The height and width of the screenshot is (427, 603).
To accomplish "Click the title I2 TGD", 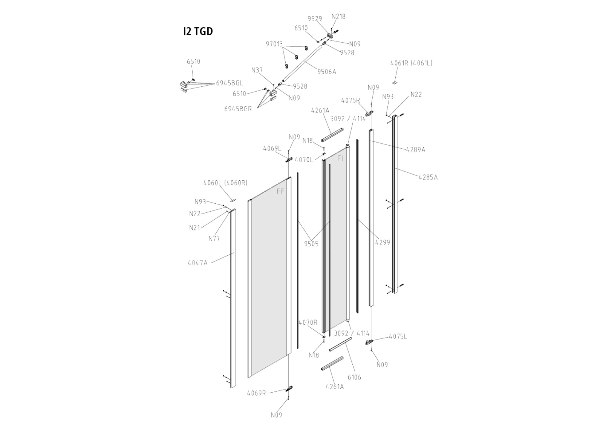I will point(198,31).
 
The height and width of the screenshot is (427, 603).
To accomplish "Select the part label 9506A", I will point(326,72).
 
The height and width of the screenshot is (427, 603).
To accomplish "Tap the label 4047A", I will point(198,263).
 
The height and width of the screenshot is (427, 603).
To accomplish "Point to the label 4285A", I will point(428,177).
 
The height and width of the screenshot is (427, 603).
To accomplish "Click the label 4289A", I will point(415,149).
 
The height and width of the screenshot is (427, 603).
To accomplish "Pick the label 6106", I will point(354,377).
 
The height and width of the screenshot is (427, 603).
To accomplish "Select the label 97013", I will point(274,44).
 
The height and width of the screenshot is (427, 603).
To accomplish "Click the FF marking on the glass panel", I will point(281,191).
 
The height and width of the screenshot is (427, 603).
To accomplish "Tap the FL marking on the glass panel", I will point(341,159).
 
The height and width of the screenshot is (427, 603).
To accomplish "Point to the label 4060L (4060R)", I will point(225,183).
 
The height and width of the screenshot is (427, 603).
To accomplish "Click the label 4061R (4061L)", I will point(411,63).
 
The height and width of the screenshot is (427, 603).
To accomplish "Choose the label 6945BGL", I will point(230,83).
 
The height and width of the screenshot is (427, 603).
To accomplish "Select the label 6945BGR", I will point(238,109).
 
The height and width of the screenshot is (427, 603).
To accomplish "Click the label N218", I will point(338,17).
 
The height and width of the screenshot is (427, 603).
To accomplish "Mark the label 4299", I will point(383,243).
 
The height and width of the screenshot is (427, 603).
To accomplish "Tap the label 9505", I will point(311,244).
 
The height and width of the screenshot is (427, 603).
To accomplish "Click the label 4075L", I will point(398,336).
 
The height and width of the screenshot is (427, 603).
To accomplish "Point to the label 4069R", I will point(256,393).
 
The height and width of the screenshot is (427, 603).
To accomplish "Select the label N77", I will point(214,238).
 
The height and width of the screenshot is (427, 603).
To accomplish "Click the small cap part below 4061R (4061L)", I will point(395,82).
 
